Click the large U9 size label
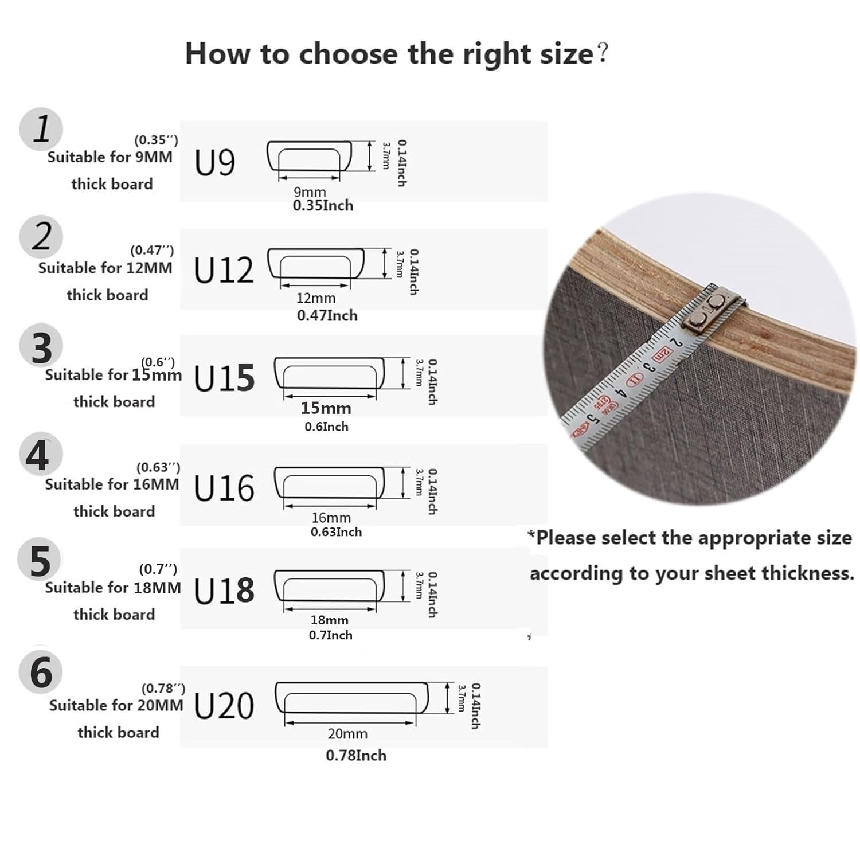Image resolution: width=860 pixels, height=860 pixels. (x=214, y=162)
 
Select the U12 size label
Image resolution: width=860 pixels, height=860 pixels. (x=224, y=270)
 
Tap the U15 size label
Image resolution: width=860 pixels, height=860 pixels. (x=224, y=378)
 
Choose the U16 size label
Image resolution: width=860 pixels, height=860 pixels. (x=224, y=488)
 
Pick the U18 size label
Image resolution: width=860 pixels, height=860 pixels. (x=224, y=591)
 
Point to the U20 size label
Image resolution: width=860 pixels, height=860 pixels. (x=224, y=706)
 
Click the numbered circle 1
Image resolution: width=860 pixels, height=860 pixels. (x=41, y=129)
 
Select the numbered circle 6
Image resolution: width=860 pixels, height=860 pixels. (x=40, y=672)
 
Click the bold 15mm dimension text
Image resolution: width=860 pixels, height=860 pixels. (x=326, y=408)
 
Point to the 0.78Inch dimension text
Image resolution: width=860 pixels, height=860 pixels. (x=355, y=755)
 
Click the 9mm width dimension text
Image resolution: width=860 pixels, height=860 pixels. (x=310, y=191)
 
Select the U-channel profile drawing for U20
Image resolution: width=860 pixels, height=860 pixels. (x=352, y=698)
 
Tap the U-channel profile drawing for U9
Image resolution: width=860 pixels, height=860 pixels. (x=309, y=156)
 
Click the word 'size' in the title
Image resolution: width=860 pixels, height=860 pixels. (x=566, y=54)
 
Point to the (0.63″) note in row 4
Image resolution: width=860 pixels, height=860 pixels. (x=158, y=467)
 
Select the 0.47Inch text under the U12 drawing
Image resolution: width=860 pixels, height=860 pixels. (x=327, y=315)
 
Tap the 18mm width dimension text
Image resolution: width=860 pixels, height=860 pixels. (x=329, y=620)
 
